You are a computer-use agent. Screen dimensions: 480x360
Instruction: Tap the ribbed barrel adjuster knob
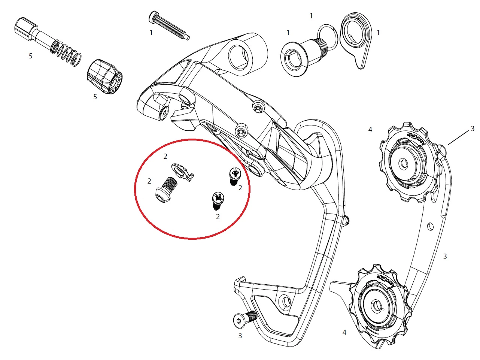104,76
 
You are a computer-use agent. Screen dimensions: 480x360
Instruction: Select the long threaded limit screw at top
169,25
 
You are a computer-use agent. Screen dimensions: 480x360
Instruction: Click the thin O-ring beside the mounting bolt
327,37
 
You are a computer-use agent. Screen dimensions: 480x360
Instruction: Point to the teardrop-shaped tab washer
356,39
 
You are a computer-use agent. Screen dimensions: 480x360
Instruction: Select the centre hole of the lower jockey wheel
376,306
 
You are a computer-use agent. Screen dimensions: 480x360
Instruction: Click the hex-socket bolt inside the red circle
166,190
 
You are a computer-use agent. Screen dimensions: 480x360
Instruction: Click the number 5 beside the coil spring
31,56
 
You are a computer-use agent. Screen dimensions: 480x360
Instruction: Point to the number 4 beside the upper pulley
370,130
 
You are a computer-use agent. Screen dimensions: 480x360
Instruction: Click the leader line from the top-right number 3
458,138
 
